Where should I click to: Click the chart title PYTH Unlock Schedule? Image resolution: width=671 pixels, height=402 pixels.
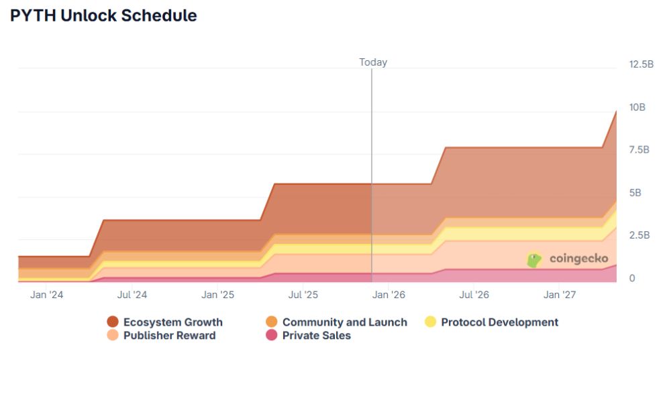(x=103, y=16)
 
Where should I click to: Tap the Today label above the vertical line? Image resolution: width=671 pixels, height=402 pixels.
(x=373, y=62)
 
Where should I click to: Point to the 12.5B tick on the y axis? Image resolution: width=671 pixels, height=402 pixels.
(x=641, y=64)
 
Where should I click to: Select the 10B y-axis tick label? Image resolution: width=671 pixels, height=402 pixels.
(x=637, y=107)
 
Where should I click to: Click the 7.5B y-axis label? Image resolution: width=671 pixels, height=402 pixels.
(x=639, y=149)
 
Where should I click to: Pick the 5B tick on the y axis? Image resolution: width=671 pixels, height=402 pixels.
(x=635, y=192)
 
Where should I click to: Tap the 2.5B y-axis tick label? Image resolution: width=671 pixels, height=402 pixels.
(x=639, y=235)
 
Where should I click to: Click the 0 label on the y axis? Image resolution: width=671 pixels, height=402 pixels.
(x=632, y=278)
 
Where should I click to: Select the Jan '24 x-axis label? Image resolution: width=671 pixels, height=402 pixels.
(x=47, y=295)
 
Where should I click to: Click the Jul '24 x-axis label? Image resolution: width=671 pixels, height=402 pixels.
(x=132, y=295)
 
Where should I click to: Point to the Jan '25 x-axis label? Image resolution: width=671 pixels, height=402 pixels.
(x=218, y=295)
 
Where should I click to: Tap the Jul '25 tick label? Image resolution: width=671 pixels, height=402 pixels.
(x=303, y=295)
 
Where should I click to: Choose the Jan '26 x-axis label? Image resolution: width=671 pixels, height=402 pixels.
(x=389, y=295)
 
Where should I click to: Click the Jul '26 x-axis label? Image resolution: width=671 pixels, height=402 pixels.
(x=474, y=295)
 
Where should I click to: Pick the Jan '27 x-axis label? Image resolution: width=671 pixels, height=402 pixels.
(x=560, y=295)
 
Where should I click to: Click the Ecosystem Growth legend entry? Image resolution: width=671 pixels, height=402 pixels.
(x=172, y=322)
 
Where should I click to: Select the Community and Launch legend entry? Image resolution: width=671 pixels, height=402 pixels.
(x=344, y=322)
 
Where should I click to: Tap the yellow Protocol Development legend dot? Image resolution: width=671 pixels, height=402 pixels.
(x=431, y=322)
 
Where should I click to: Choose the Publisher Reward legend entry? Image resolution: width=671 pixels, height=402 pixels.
(x=169, y=336)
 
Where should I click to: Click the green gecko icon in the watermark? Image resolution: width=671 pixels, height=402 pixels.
(x=534, y=260)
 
